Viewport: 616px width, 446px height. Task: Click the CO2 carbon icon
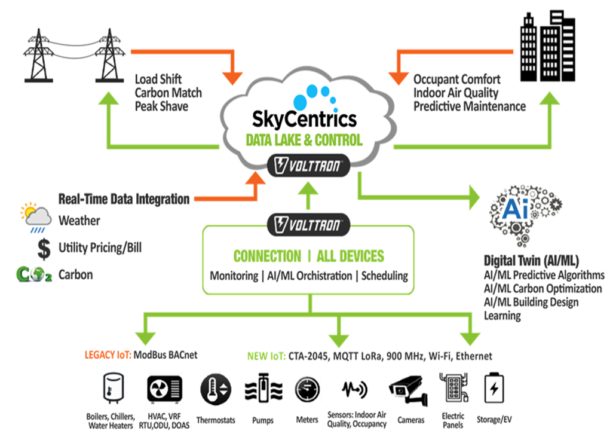tap(33, 275)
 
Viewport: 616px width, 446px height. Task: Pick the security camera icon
tap(409, 390)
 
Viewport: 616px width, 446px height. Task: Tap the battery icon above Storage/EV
tap(494, 389)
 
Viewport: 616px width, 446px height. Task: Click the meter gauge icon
tap(307, 390)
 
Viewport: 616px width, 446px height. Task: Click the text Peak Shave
tap(161, 106)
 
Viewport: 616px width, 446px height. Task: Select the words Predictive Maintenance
tap(470, 106)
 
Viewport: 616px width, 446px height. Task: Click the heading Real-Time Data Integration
tap(124, 199)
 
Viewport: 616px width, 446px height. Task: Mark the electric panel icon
tap(452, 389)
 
